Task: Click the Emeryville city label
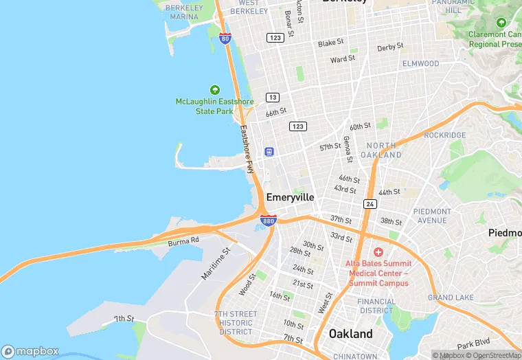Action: pos(290,197)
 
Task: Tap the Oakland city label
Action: pos(351,334)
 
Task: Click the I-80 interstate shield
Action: pos(225,38)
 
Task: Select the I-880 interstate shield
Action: pos(269,221)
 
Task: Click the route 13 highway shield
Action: pos(273,97)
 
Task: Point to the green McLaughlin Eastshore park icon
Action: pos(214,90)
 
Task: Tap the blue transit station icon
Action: pos(269,152)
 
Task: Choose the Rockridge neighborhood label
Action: pos(445,135)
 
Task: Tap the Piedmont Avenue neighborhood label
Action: pos(433,216)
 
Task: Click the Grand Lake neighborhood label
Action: pos(451,297)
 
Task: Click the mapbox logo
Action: pos(31,351)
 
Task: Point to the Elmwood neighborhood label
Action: pos(420,64)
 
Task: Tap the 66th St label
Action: pos(275,112)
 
